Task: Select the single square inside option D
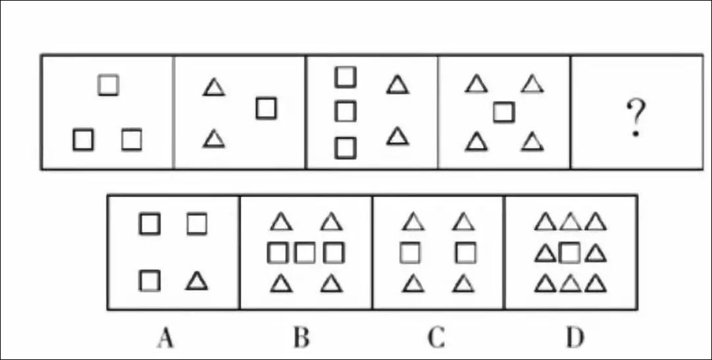(x=570, y=253)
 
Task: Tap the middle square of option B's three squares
(x=305, y=253)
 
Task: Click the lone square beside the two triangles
(x=266, y=108)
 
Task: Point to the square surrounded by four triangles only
(x=503, y=113)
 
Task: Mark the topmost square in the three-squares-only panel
(x=109, y=85)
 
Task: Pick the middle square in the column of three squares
(x=345, y=111)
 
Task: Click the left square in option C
(x=411, y=252)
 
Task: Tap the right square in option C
(x=465, y=252)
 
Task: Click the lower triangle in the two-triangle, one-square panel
(x=212, y=139)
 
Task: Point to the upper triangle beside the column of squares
(x=396, y=84)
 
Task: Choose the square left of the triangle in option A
(x=150, y=281)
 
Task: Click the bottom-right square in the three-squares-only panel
(x=132, y=140)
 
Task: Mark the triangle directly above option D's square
(x=570, y=223)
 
